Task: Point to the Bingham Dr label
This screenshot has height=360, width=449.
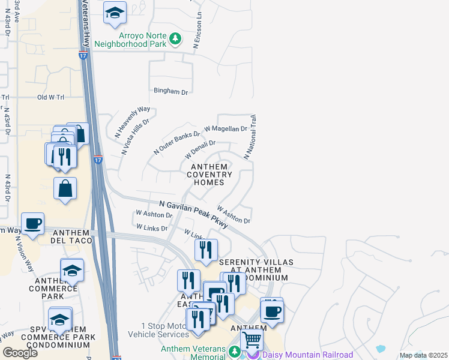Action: pyautogui.click(x=171, y=91)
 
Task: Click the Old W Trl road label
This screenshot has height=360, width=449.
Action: pyautogui.click(x=50, y=97)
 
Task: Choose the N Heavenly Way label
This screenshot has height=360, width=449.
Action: pyautogui.click(x=131, y=122)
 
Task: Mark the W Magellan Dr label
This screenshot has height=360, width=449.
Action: pyautogui.click(x=226, y=128)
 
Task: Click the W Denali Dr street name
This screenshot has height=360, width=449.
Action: pyautogui.click(x=196, y=147)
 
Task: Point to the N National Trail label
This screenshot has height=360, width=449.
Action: pyautogui.click(x=250, y=137)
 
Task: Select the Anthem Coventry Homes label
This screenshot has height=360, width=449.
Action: pyautogui.click(x=209, y=174)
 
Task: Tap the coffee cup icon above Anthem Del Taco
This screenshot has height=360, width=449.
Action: pyautogui.click(x=32, y=224)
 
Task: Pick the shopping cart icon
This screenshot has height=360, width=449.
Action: pyautogui.click(x=252, y=340)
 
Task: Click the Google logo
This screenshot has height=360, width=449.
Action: pyautogui.click(x=20, y=353)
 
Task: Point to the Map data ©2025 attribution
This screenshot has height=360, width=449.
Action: pyautogui.click(x=423, y=355)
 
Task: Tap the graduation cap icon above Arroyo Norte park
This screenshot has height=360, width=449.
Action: pyautogui.click(x=115, y=13)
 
